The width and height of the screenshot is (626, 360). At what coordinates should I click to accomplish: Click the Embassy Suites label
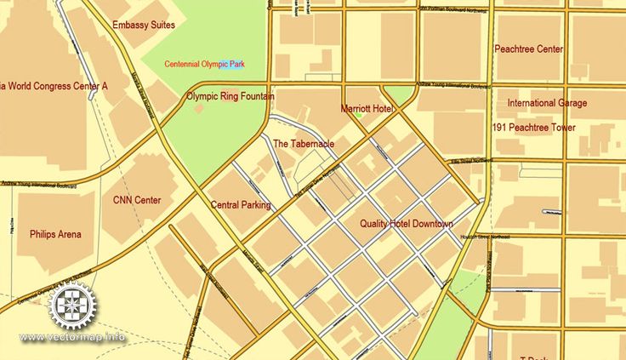pos(143,26)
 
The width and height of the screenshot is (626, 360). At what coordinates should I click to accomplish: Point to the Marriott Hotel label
pos(367,110)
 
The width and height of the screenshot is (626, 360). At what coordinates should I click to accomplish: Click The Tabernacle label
pos(304,144)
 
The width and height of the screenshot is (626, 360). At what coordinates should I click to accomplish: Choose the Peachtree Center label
pos(528,49)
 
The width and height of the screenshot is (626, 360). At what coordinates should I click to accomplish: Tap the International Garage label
pos(547,103)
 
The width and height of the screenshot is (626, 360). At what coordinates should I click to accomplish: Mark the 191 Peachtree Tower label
pos(533,128)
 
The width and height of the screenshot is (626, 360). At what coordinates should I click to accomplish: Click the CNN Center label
pos(137,201)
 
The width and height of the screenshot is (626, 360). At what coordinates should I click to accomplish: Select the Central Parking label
pos(241,205)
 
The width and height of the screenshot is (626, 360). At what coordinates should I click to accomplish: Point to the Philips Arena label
pos(55,234)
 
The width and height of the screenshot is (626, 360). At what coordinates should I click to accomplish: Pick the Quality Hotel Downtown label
pos(406,224)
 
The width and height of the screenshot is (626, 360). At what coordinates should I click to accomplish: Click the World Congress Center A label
pos(54,86)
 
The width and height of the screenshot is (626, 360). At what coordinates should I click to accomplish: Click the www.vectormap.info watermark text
pos(72,337)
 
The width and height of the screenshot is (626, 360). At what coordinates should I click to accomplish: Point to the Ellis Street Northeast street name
pos(473,160)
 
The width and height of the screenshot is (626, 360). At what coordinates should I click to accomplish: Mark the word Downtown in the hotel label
pos(432,224)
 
